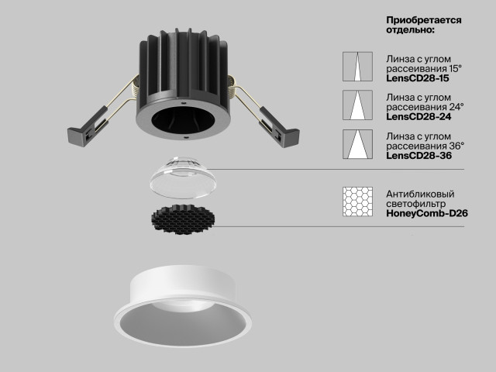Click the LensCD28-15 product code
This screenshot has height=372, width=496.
[x=417, y=78]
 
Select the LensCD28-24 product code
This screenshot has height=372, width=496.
[x=418, y=117]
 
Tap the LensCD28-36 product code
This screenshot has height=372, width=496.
[x=418, y=156]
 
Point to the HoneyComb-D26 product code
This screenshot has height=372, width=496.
[x=427, y=214]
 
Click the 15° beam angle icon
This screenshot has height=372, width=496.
[x=357, y=67]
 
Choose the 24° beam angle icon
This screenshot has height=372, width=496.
[x=357, y=105]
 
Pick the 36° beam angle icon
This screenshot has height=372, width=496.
[x=357, y=144]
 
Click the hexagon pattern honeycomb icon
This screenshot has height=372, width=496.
[x=357, y=201]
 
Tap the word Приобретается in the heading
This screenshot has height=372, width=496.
[x=424, y=21]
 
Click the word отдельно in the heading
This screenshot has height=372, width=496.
[x=408, y=30]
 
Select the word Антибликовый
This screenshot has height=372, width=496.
[x=420, y=194]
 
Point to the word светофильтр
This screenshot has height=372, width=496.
[x=416, y=204]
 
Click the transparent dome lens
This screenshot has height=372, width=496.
[x=183, y=177]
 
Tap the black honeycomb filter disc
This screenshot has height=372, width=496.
[x=183, y=219]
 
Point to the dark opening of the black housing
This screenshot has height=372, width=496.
[x=183, y=119]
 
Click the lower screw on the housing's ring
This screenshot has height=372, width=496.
[x=187, y=137]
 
